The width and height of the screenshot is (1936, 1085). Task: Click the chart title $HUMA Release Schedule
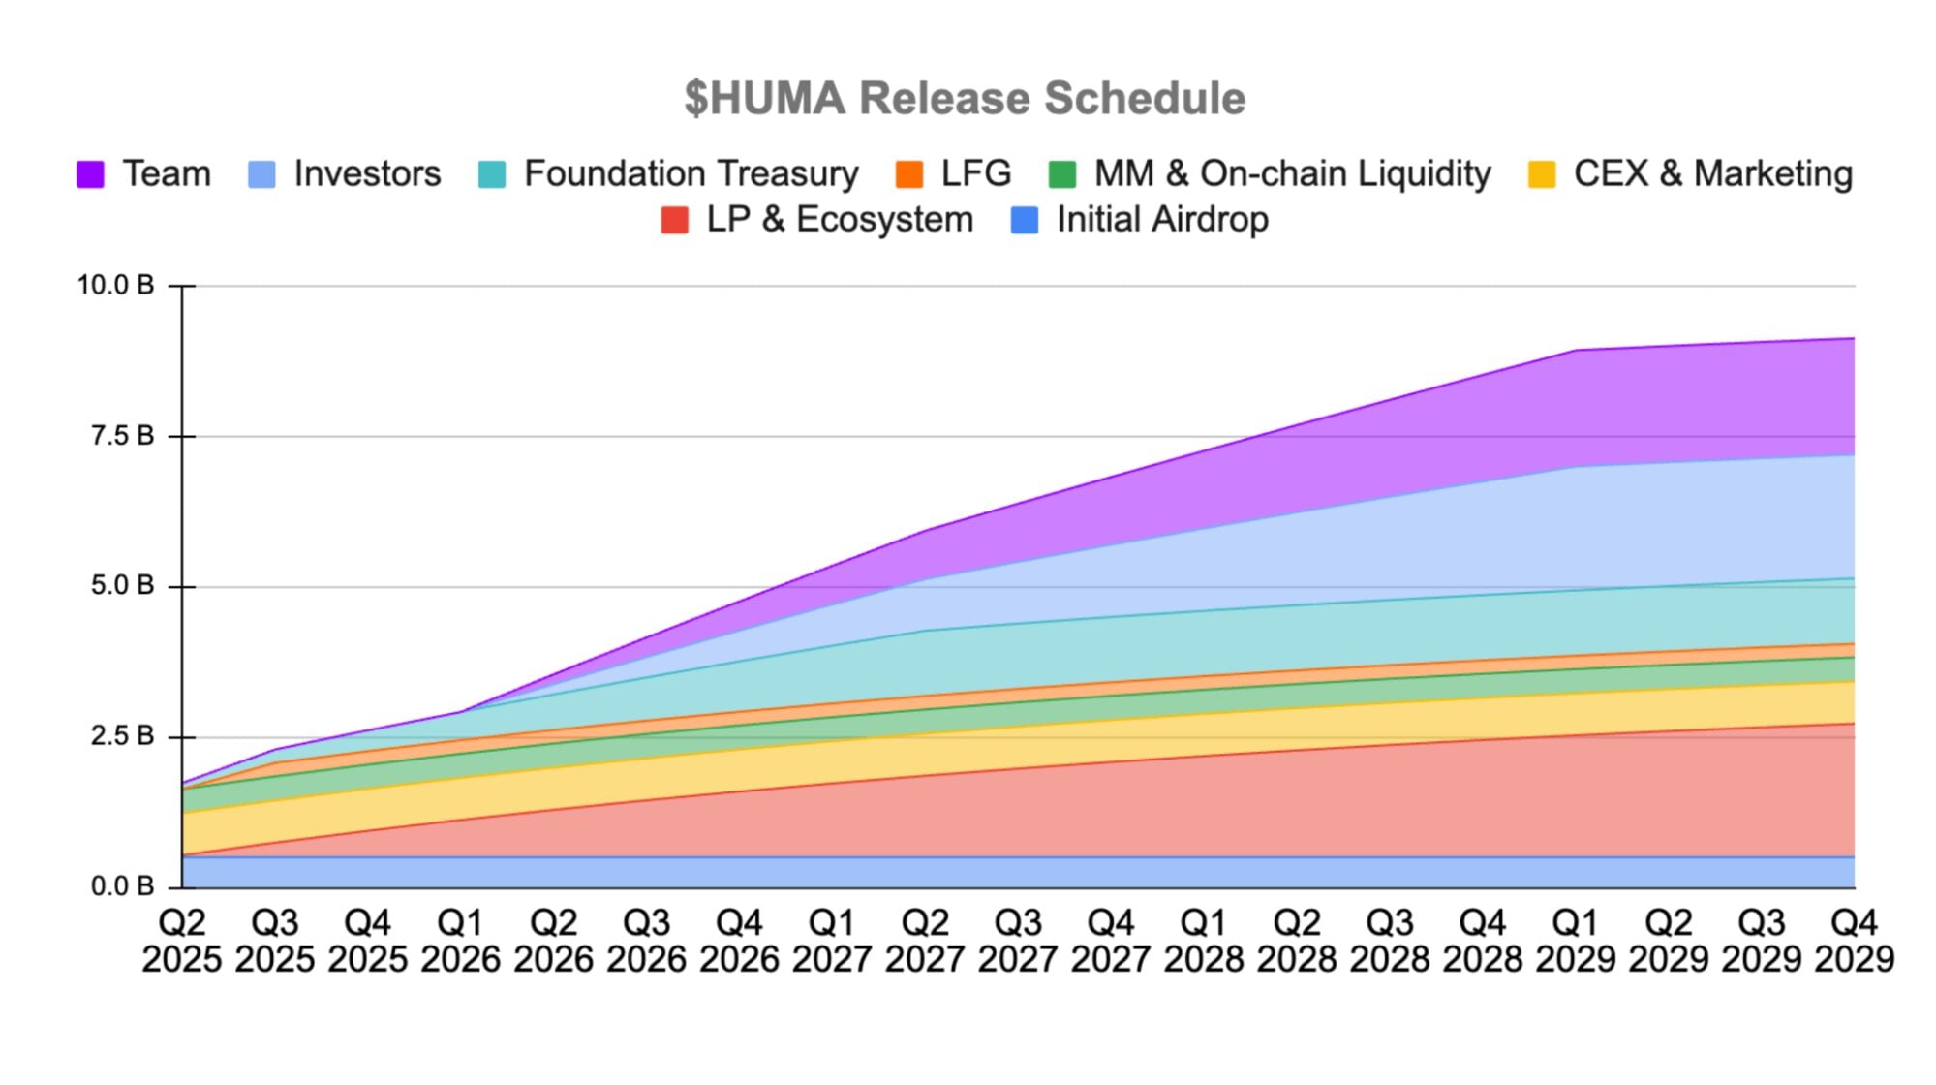coord(965,98)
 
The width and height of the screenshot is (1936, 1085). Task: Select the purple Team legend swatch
coord(90,174)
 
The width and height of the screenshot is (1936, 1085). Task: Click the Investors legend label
coord(367,173)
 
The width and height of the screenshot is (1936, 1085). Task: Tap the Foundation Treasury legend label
coord(691,173)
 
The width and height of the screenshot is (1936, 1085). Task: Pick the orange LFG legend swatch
coord(909,174)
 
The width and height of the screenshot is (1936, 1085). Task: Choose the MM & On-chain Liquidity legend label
coord(1292,173)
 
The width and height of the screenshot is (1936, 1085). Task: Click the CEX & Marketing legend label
coord(1712,173)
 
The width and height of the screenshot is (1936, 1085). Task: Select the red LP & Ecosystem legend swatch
coord(674,220)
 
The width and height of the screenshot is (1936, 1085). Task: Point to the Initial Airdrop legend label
coord(1162,219)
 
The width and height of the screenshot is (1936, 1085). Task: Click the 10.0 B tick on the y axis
coord(115,286)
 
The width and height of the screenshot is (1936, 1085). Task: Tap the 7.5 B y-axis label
coord(122,436)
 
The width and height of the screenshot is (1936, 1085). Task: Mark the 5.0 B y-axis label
coord(122,586)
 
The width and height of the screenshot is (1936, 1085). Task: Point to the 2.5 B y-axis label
coord(122,736)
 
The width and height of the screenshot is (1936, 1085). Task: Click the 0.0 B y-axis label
coord(122,886)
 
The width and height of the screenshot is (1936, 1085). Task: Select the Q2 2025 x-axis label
coord(182,941)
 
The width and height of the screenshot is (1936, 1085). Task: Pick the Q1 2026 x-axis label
coord(460,941)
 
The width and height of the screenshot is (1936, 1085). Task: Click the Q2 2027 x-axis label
coord(925,941)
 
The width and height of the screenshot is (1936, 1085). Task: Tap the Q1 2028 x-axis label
coord(1203,941)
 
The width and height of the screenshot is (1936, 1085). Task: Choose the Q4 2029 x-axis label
coord(1854,941)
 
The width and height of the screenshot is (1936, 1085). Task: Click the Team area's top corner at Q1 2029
coord(1577,351)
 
